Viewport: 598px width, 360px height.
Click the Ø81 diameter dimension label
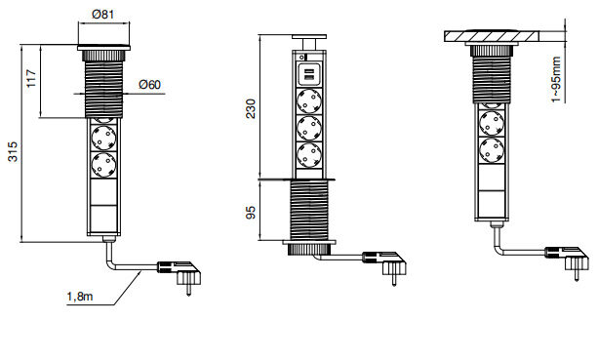tap(103, 14)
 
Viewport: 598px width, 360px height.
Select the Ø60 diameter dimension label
tap(150, 84)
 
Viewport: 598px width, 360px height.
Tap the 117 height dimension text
tap(31, 78)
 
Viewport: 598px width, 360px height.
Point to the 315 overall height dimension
tap(13, 151)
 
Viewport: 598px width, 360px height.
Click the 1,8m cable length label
tap(80, 296)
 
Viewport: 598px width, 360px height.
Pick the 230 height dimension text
tap(251, 108)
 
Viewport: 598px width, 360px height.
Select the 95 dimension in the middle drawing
tap(251, 214)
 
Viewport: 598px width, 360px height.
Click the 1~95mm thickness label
tap(556, 79)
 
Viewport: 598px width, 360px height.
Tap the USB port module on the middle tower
tap(309, 74)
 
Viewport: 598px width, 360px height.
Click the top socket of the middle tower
tap(309, 101)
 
